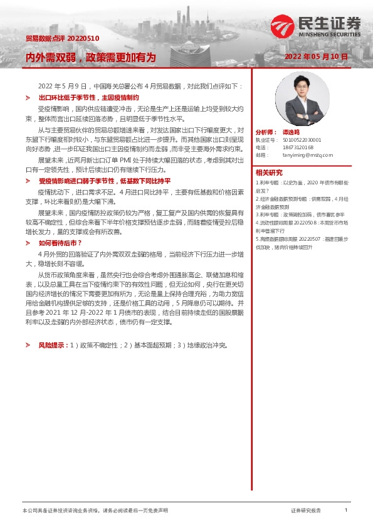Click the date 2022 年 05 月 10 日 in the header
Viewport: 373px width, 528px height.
tap(316, 56)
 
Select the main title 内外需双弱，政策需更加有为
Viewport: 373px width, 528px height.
tap(90, 57)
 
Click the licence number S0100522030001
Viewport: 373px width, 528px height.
tap(302, 140)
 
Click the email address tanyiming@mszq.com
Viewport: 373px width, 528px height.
tap(308, 155)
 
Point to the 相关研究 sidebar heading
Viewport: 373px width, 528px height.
tap(269, 172)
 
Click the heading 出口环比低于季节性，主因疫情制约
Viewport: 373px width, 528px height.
tap(88, 98)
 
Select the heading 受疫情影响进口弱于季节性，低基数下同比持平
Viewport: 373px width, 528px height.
tap(104, 180)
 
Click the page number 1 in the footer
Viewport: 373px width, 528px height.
tap(346, 510)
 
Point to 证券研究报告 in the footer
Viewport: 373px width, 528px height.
tap(306, 511)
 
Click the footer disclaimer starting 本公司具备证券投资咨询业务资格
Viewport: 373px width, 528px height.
tap(95, 511)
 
